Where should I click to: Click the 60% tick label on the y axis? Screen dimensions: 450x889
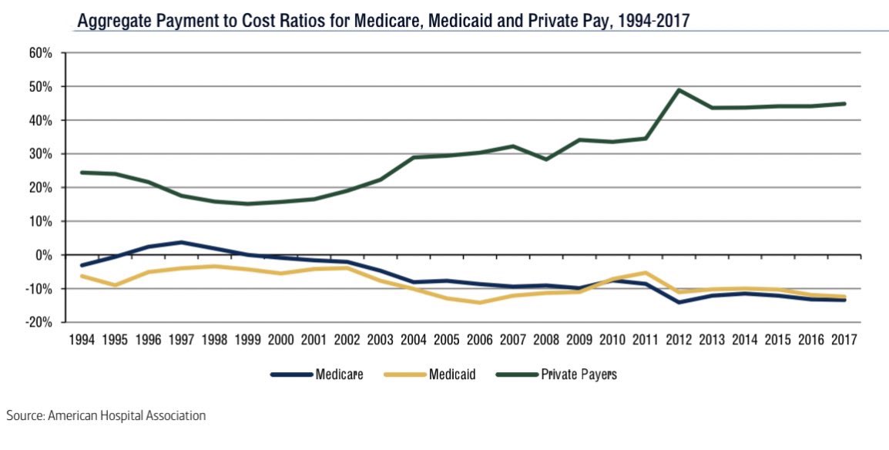pyautogui.click(x=41, y=53)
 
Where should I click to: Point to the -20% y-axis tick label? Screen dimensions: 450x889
pyautogui.click(x=39, y=322)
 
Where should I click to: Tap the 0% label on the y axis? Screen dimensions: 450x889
pyautogui.click(x=42, y=255)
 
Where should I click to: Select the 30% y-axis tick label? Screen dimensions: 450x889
pyautogui.click(x=41, y=154)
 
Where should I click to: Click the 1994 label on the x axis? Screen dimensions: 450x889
pyautogui.click(x=82, y=340)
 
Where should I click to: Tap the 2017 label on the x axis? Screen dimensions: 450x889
pyautogui.click(x=846, y=340)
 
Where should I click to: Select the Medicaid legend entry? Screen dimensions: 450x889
pyautogui.click(x=452, y=374)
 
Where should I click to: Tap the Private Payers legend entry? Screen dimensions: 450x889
pyautogui.click(x=579, y=374)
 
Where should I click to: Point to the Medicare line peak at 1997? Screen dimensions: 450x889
pyautogui.click(x=182, y=242)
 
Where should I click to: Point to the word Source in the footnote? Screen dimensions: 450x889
pyautogui.click(x=25, y=415)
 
